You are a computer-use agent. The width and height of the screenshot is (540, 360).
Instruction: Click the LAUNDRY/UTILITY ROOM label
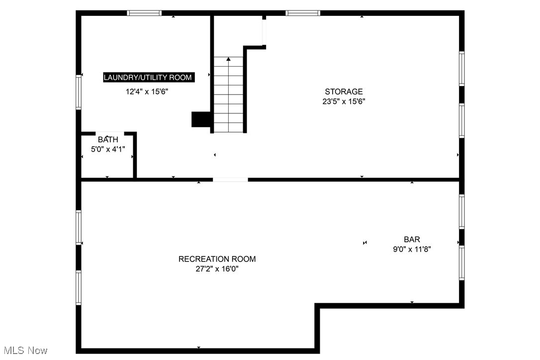click(148, 78)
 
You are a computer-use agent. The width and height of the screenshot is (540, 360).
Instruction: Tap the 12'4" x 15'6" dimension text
click(150, 91)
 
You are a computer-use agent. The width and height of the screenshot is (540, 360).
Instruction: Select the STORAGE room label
click(344, 91)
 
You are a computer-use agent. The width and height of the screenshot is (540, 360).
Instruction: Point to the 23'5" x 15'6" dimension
click(344, 101)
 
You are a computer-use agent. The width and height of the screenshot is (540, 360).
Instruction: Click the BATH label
click(108, 140)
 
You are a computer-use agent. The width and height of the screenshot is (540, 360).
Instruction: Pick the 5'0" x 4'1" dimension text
click(108, 148)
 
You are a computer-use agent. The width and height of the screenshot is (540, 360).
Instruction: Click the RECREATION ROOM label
click(217, 259)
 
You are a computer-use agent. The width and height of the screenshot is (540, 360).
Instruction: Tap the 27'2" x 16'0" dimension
click(217, 269)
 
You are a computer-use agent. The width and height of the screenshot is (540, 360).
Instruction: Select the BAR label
click(412, 240)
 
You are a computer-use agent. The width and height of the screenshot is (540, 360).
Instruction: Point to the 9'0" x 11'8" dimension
click(412, 250)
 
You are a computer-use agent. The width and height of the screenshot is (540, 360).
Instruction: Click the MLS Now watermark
click(24, 351)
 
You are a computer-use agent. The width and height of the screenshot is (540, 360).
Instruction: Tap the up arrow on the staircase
click(229, 60)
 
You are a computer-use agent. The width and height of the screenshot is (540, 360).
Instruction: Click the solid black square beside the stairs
click(201, 119)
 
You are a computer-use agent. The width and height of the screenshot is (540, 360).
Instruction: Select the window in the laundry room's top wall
click(144, 13)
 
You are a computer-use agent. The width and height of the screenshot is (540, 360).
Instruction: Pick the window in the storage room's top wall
click(303, 13)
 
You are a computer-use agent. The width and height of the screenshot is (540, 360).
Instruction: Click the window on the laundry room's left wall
click(79, 91)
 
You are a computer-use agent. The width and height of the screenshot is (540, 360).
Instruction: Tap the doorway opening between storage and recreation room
click(230, 180)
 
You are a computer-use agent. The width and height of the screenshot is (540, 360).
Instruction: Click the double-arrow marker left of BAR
click(365, 243)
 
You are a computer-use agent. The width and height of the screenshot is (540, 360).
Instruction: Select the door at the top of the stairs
click(265, 33)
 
